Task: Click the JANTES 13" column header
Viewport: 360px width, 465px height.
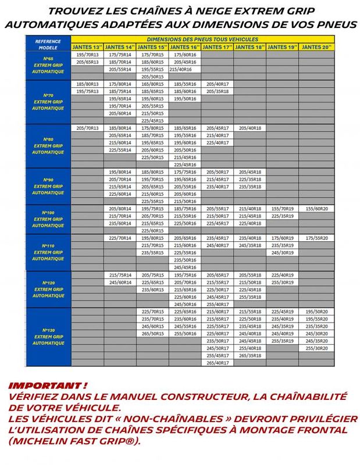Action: (x=87, y=46)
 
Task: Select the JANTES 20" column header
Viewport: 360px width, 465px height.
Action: (x=318, y=46)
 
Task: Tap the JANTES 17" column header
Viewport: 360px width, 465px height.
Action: (x=218, y=46)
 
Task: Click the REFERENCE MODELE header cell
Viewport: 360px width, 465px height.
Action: (x=48, y=42)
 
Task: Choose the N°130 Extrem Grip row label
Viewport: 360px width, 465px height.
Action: (x=48, y=337)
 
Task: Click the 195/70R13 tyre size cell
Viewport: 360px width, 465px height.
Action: (x=87, y=54)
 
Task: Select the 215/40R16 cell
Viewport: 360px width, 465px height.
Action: (x=184, y=69)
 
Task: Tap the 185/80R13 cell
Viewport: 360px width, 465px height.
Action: (x=87, y=84)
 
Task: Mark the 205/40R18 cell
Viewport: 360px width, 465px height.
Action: (x=250, y=128)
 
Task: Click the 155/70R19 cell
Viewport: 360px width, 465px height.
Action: (x=283, y=208)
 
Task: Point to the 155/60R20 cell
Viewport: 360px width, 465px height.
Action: (x=318, y=208)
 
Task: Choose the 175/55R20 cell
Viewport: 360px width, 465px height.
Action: (x=318, y=238)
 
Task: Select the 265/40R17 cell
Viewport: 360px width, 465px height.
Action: (x=218, y=363)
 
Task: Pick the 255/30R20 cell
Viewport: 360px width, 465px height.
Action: (x=318, y=348)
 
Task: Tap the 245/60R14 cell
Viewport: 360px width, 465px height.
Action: (x=120, y=282)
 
